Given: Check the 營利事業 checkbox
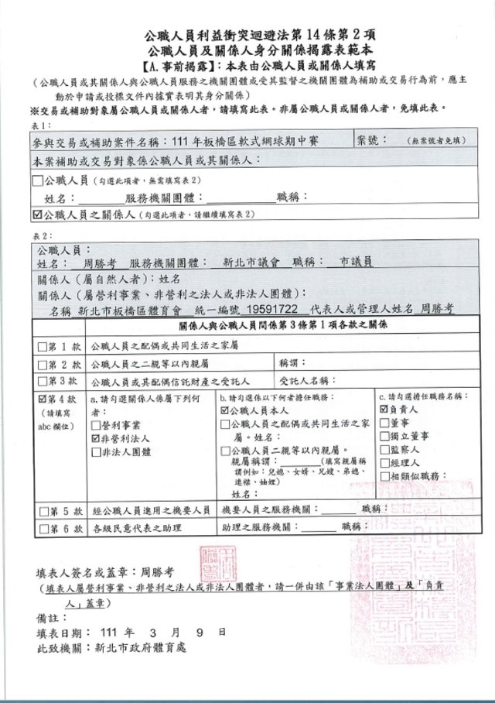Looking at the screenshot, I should coord(96,424).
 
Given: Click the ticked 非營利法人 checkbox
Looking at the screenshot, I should coord(96,437).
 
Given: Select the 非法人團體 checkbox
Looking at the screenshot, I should coord(96,451).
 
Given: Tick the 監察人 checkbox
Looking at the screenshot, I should coord(384,450).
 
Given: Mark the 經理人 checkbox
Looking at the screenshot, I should coord(384,462).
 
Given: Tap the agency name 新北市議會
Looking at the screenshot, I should coord(251,262).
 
